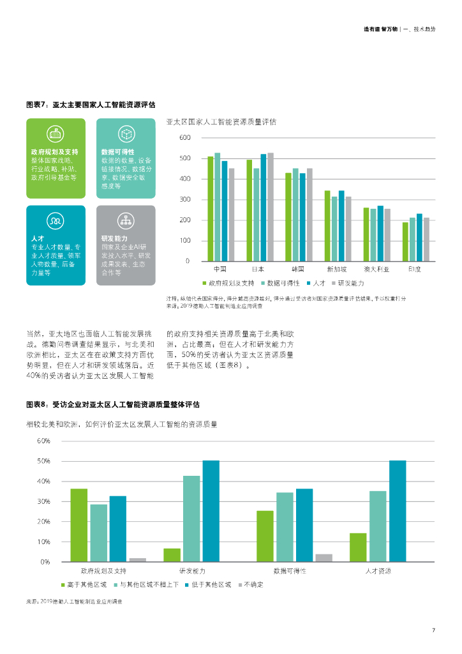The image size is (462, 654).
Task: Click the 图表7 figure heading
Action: click(x=91, y=104)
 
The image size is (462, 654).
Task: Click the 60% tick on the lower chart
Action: click(x=43, y=441)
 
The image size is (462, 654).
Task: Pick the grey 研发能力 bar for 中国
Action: click(x=232, y=215)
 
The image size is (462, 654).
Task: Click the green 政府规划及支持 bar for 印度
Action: click(x=405, y=241)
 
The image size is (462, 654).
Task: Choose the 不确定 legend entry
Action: click(x=252, y=585)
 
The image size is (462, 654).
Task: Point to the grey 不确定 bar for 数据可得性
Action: click(x=324, y=558)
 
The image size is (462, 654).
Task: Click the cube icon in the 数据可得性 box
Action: click(x=126, y=133)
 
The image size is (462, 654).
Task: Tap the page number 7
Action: click(x=433, y=631)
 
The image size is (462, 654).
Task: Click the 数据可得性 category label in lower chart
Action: click(x=290, y=570)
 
